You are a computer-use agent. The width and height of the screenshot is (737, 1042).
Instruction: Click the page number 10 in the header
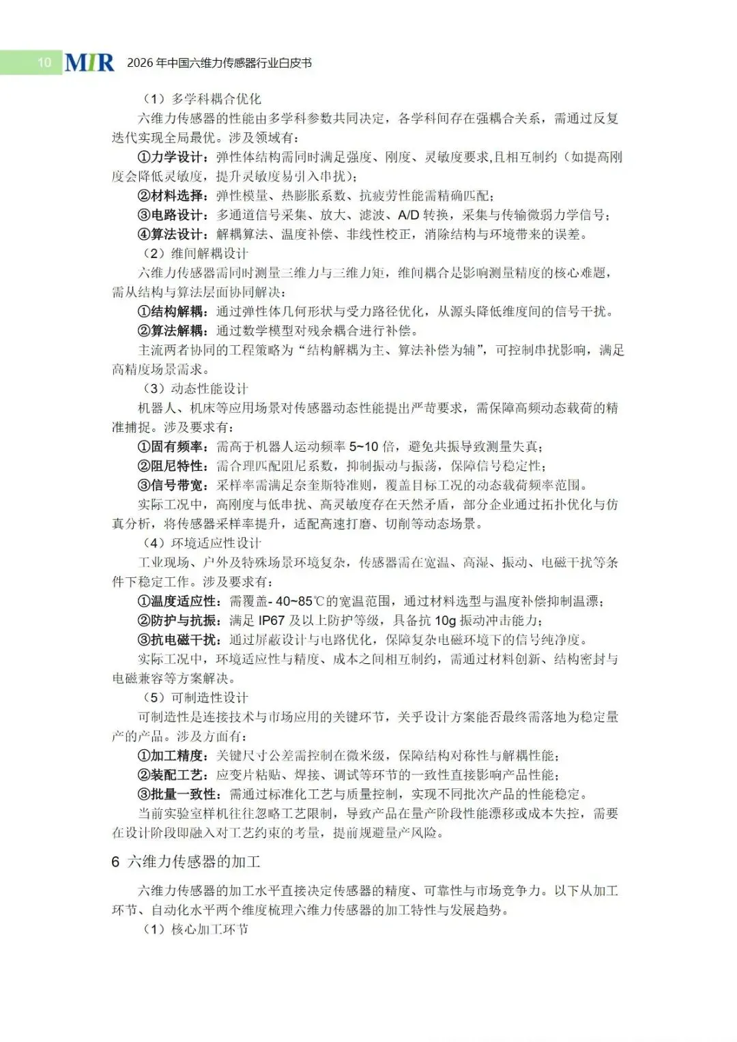[x=44, y=63]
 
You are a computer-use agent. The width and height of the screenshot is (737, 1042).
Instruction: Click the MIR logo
[x=89, y=62]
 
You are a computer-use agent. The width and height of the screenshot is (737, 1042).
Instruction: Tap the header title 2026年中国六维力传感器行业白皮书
[x=219, y=63]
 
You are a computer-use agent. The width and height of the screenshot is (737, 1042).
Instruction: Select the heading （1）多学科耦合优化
[x=201, y=99]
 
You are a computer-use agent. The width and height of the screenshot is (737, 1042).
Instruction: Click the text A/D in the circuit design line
[x=408, y=215]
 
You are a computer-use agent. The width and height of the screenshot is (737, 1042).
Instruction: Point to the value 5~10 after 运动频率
[x=363, y=447]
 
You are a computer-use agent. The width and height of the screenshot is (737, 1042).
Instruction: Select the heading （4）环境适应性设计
[x=201, y=543]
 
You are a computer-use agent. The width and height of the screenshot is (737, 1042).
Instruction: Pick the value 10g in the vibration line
[x=445, y=620]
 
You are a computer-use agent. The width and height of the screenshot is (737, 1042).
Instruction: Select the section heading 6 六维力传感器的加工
[x=186, y=862]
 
